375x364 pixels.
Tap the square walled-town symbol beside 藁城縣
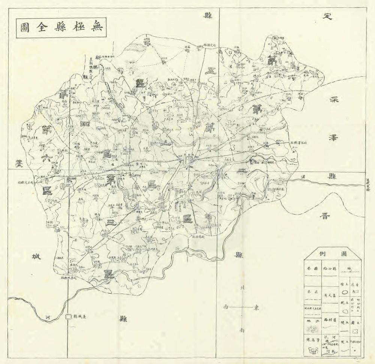tap(68, 317)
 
